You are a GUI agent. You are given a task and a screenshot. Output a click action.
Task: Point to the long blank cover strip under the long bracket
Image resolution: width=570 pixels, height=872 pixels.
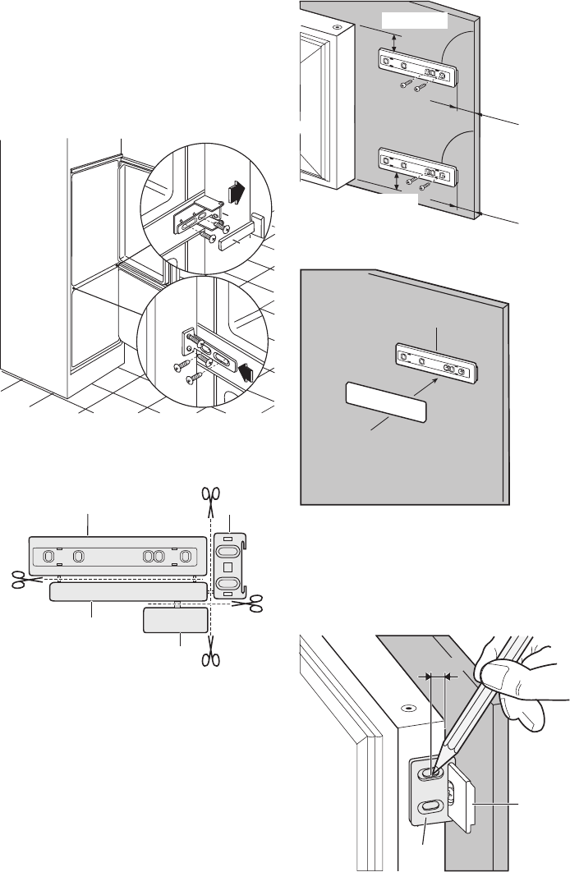[x=127, y=592]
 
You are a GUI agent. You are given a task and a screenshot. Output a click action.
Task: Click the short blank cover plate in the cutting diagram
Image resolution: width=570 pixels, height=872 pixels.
[x=174, y=621]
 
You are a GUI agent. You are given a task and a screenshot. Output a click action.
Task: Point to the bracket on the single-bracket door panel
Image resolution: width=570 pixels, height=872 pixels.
[x=438, y=363]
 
